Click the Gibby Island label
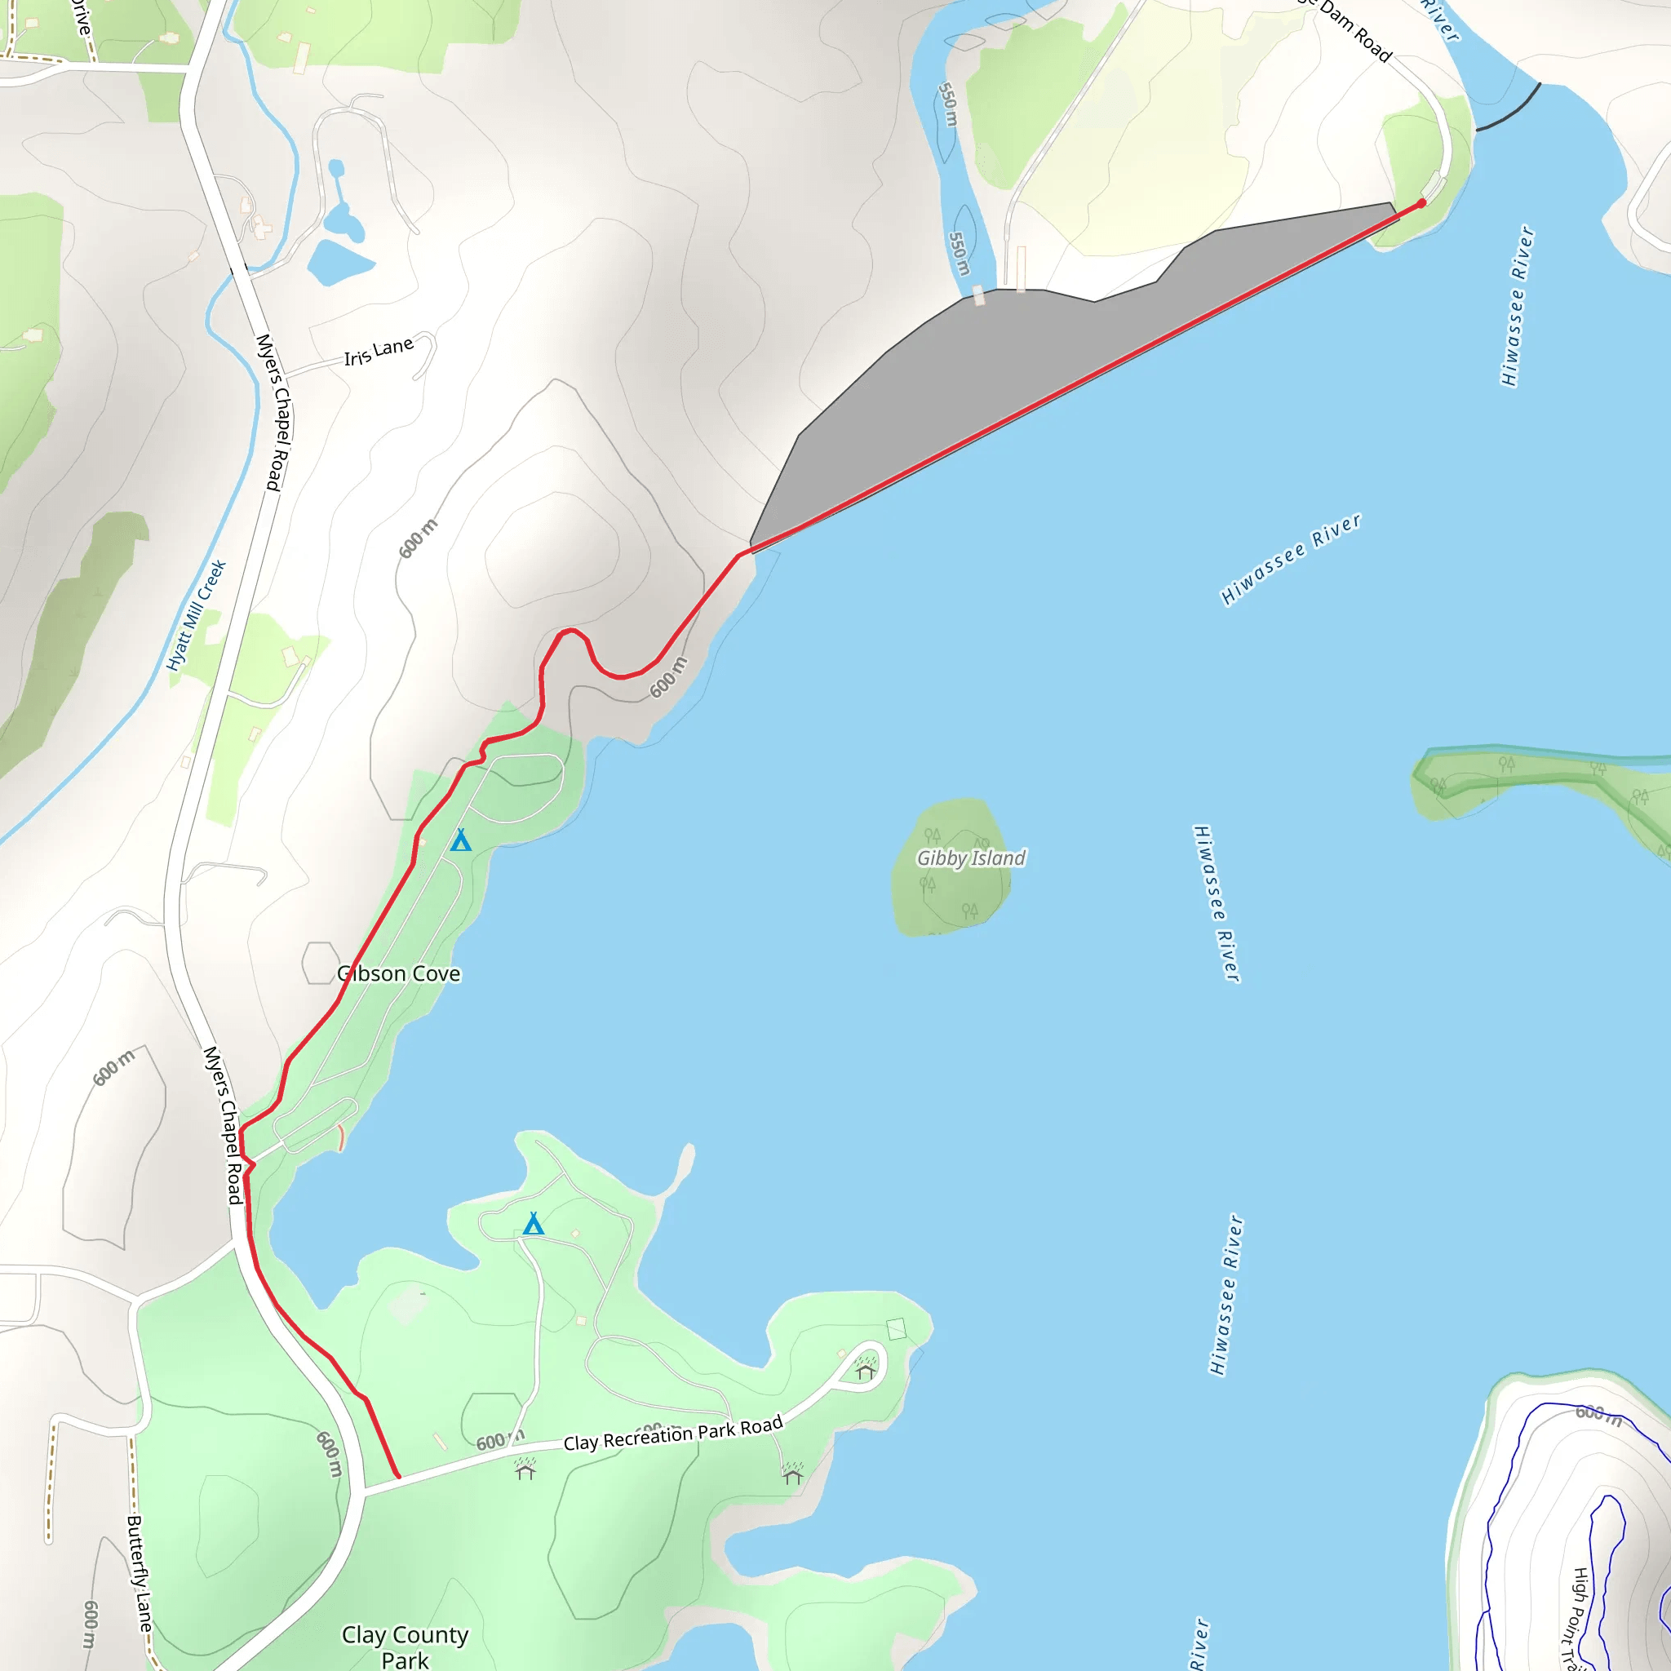tap(970, 858)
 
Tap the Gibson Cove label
tap(399, 974)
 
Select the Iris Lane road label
tap(379, 351)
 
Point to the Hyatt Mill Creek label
tap(197, 615)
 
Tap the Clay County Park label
tap(405, 1646)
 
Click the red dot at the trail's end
tap(1421, 203)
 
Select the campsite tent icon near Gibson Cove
tap(461, 840)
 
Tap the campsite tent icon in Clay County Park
tap(534, 1224)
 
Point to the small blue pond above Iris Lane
tap(340, 261)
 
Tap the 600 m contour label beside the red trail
tap(668, 677)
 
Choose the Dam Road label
tap(1355, 33)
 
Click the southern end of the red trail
tap(398, 1476)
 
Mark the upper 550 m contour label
tap(948, 104)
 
